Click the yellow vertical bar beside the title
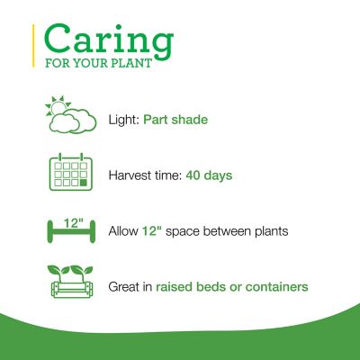34,45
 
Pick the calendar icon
70,174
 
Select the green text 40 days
209,175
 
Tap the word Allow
122,231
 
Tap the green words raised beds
190,287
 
